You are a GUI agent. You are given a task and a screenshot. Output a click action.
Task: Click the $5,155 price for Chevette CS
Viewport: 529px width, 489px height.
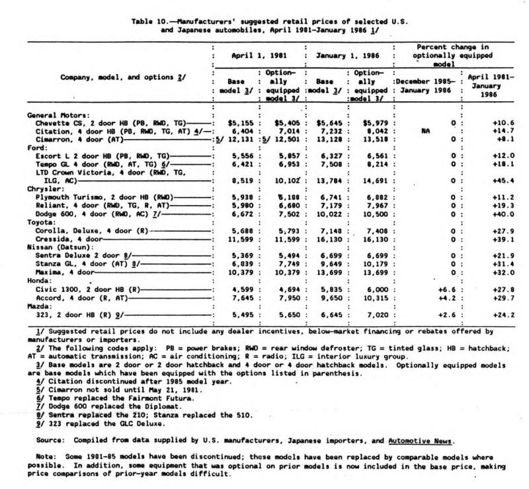[224, 123]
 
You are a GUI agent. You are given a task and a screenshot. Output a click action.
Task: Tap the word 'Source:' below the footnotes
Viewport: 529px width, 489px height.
[49, 439]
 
